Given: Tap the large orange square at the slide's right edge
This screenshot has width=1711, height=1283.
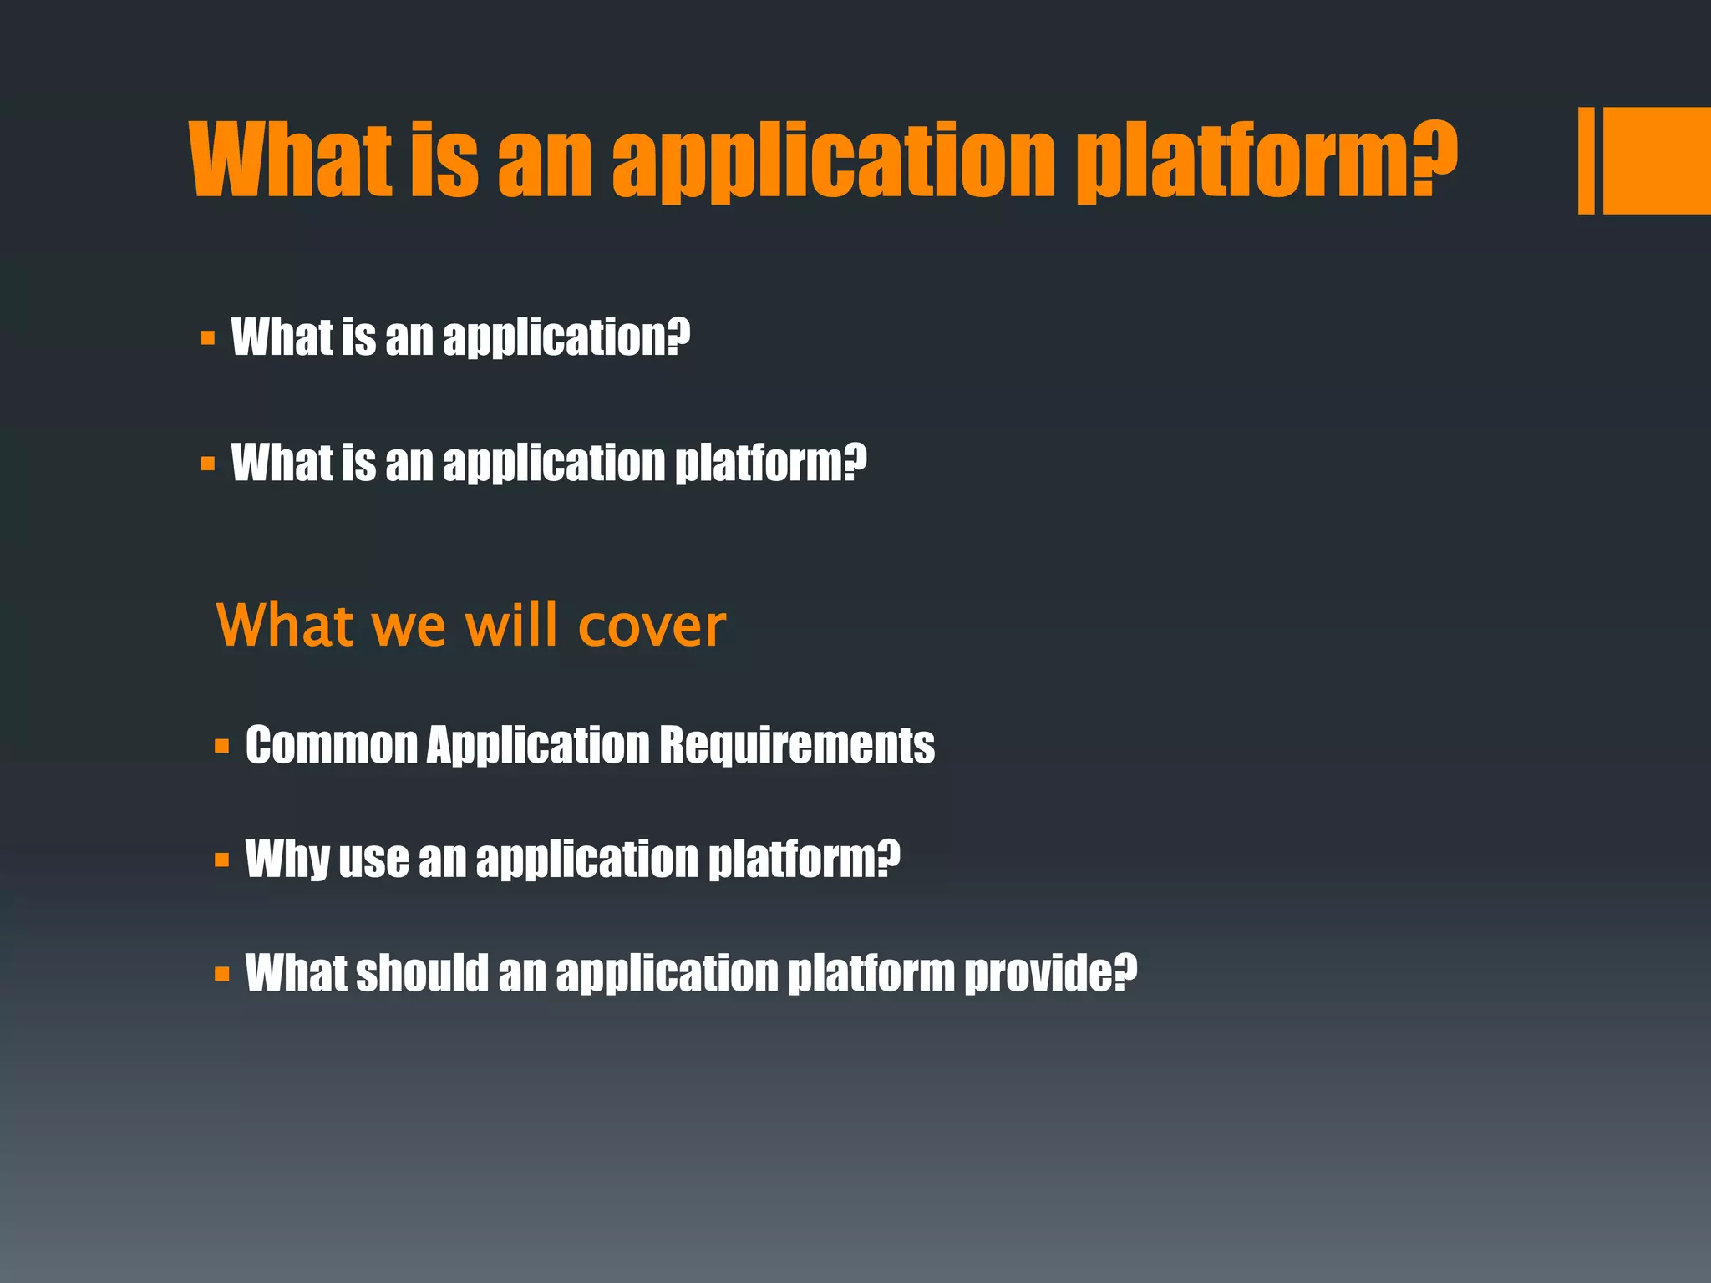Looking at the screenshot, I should (x=1657, y=160).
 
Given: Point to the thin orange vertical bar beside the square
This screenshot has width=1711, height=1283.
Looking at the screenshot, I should (x=1586, y=160).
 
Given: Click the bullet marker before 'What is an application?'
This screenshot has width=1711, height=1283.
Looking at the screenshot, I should (x=207, y=339).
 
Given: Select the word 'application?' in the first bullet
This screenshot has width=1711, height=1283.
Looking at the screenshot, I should (x=566, y=338).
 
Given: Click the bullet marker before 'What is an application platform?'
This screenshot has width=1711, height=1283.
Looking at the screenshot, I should (x=207, y=464).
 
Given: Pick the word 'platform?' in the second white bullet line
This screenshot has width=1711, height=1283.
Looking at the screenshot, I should (x=770, y=463).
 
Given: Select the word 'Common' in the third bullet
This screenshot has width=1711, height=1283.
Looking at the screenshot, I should (x=331, y=745).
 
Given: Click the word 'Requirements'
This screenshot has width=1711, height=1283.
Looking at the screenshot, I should (x=797, y=745).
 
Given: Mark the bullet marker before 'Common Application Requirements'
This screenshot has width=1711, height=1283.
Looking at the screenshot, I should (x=221, y=746).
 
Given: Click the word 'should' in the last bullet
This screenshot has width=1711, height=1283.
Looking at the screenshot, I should (x=422, y=973).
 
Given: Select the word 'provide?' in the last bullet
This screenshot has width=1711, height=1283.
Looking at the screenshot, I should (x=1051, y=974).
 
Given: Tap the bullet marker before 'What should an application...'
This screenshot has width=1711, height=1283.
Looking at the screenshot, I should (x=221, y=974).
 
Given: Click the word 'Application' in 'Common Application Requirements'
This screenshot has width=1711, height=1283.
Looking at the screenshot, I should (x=538, y=745).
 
